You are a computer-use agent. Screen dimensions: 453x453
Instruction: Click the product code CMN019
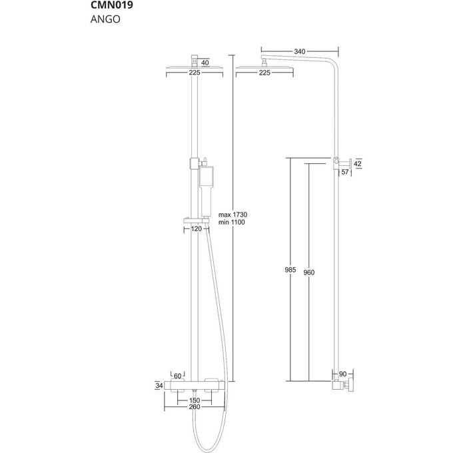click(x=112, y=7)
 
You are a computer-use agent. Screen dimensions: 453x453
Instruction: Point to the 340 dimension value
click(x=300, y=51)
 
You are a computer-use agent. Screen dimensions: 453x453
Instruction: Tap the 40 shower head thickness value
click(x=205, y=63)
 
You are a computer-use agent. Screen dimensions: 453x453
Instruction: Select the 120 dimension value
click(x=197, y=228)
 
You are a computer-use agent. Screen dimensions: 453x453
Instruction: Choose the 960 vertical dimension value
click(x=308, y=271)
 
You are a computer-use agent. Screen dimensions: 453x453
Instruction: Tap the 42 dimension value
click(x=357, y=163)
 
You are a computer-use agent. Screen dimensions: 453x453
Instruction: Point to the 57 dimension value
click(x=345, y=173)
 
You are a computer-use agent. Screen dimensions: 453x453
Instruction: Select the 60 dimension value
click(x=178, y=376)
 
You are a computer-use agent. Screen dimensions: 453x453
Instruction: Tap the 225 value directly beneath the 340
click(x=264, y=72)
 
